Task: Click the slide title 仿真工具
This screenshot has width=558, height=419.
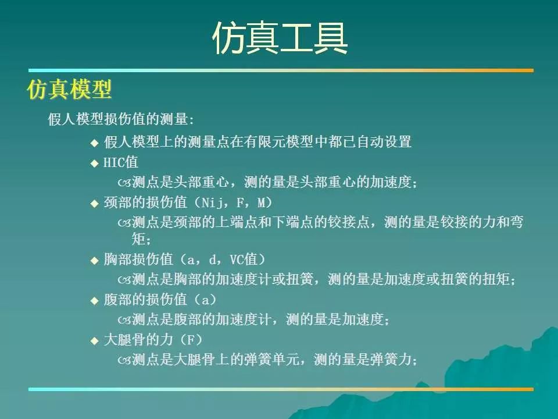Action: click(280, 38)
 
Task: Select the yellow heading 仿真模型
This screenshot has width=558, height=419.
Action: click(69, 89)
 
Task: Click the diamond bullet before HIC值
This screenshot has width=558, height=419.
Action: click(94, 164)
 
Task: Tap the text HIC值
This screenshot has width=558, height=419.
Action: click(121, 162)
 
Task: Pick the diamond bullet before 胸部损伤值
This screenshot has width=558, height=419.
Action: click(94, 261)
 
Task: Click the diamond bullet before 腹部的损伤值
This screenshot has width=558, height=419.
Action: click(94, 301)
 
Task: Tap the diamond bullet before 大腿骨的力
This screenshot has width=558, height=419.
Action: click(94, 341)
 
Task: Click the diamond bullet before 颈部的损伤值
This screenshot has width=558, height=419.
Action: click(94, 204)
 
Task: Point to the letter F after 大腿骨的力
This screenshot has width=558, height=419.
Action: click(191, 340)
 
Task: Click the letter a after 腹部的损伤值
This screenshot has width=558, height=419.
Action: click(206, 300)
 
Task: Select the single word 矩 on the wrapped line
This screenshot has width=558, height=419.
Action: click(138, 239)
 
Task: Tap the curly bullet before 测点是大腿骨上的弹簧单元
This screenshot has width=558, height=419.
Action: click(124, 360)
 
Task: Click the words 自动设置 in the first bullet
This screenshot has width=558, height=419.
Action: click(384, 142)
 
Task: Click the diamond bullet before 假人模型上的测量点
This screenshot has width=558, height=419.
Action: click(94, 143)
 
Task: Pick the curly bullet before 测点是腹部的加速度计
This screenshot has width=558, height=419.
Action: click(124, 320)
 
